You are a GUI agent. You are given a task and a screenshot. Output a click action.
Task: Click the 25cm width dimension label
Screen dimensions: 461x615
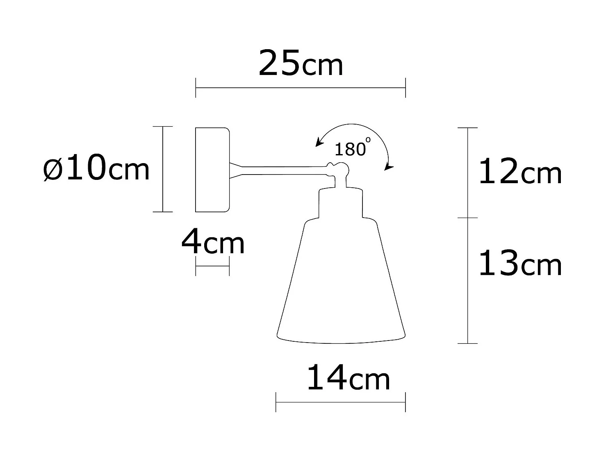click(301, 63)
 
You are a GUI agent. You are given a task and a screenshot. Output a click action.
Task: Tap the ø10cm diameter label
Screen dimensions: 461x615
click(96, 168)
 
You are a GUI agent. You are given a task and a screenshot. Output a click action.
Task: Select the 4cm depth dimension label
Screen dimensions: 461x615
click(213, 243)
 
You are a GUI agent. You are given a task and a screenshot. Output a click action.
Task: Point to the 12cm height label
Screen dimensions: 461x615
click(519, 172)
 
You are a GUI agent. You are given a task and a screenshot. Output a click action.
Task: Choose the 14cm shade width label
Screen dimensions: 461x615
click(348, 379)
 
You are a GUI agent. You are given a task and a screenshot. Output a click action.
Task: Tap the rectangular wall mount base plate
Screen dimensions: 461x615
click(212, 170)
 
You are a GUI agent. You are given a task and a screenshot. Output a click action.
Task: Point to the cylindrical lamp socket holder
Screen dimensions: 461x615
click(341, 203)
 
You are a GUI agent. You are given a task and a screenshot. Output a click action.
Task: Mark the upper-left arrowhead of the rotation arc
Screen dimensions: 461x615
click(317, 143)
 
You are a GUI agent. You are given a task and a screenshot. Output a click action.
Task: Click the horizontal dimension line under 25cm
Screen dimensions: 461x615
click(301, 88)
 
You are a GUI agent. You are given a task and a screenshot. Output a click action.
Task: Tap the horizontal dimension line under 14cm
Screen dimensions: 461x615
click(341, 402)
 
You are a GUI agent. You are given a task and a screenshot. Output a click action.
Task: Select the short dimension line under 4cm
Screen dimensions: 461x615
click(212, 266)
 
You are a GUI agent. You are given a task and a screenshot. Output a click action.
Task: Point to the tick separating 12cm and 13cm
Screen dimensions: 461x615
click(468, 218)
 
